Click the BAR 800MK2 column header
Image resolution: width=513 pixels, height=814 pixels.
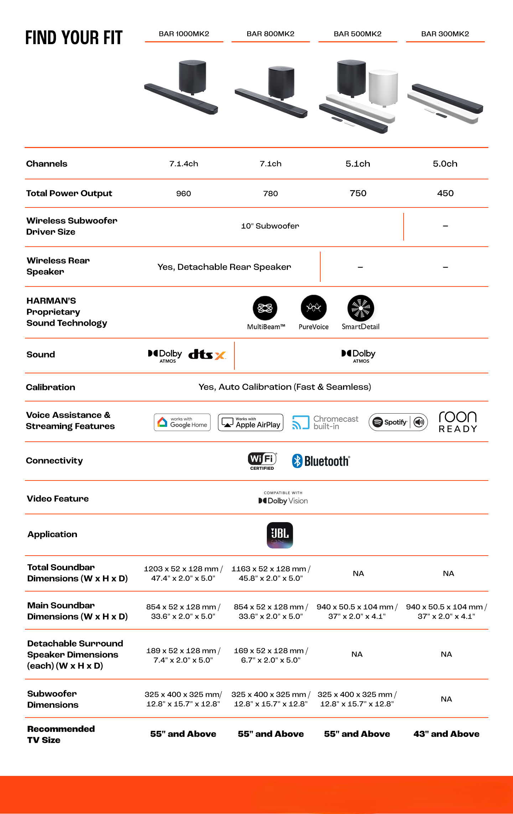click(x=270, y=34)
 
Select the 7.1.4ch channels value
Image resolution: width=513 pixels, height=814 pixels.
click(x=183, y=164)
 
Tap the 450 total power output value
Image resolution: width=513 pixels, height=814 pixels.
click(x=445, y=193)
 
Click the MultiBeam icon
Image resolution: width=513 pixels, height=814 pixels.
click(x=265, y=308)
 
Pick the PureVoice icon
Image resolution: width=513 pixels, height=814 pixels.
click(x=313, y=308)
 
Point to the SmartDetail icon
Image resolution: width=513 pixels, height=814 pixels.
click(x=361, y=308)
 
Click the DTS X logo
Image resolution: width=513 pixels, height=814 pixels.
click(x=207, y=355)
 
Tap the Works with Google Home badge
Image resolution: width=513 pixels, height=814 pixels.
click(x=182, y=422)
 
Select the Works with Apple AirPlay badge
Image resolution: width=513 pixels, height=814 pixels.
click(x=250, y=422)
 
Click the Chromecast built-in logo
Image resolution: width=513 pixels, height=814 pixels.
click(x=325, y=422)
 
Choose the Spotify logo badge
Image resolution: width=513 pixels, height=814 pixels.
click(x=398, y=422)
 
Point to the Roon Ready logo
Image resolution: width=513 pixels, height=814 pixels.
click(x=458, y=422)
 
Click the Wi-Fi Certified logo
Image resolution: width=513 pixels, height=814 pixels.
click(x=262, y=461)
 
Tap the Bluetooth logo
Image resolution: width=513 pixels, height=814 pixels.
click(x=321, y=461)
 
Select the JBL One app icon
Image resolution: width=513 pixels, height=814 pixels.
click(x=280, y=535)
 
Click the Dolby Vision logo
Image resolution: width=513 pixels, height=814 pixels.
click(x=283, y=499)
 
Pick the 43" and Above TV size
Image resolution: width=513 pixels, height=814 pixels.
click(x=446, y=734)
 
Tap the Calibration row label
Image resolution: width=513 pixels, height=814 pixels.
click(x=51, y=387)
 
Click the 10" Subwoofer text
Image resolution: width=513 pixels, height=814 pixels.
click(x=270, y=226)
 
